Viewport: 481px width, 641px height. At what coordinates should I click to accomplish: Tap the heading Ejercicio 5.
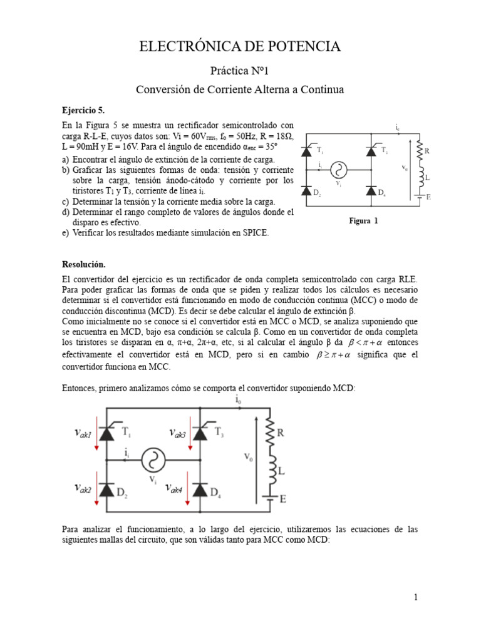(83, 110)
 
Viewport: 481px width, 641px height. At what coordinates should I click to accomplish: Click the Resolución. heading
(85, 264)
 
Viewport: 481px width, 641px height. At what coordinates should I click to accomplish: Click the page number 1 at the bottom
(415, 597)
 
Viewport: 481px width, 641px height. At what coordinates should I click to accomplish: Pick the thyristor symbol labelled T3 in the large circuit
(200, 432)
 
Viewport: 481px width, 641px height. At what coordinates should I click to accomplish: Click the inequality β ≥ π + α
(333, 356)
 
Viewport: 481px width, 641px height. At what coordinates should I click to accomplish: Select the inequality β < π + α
(363, 344)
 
